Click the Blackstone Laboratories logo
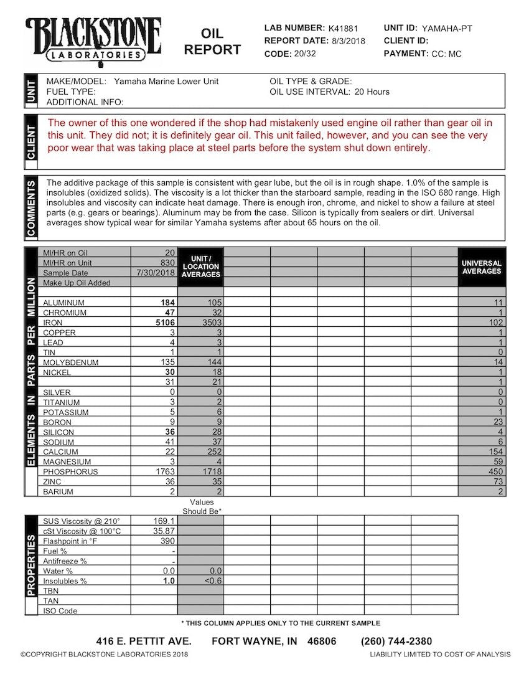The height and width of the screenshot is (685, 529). [93, 39]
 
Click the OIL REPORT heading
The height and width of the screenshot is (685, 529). [212, 42]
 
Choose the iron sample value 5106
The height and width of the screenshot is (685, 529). [165, 323]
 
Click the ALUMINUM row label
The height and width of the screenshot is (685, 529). [65, 303]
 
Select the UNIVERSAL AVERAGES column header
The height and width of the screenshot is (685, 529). [481, 267]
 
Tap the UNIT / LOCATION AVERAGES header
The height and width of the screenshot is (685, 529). [201, 267]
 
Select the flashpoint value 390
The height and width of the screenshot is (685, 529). [167, 541]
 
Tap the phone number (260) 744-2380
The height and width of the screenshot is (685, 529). [396, 641]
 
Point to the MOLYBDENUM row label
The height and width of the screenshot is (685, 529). [70, 362]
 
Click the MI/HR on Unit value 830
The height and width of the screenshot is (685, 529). [167, 263]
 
